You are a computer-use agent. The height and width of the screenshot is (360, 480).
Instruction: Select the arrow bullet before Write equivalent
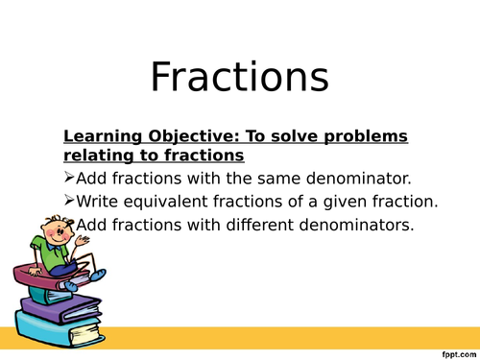(x=68, y=202)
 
